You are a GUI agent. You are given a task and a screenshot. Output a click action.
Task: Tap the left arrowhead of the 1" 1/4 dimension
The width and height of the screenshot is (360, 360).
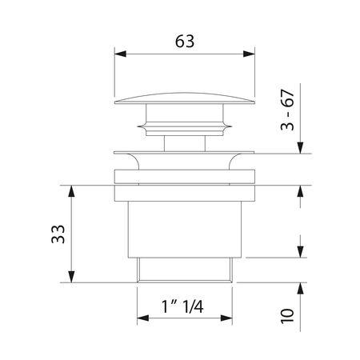[141, 318]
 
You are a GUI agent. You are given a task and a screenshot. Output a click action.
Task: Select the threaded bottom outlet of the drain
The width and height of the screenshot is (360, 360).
[184, 270]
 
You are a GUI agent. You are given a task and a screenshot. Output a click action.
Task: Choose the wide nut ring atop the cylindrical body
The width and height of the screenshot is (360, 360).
[184, 183]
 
